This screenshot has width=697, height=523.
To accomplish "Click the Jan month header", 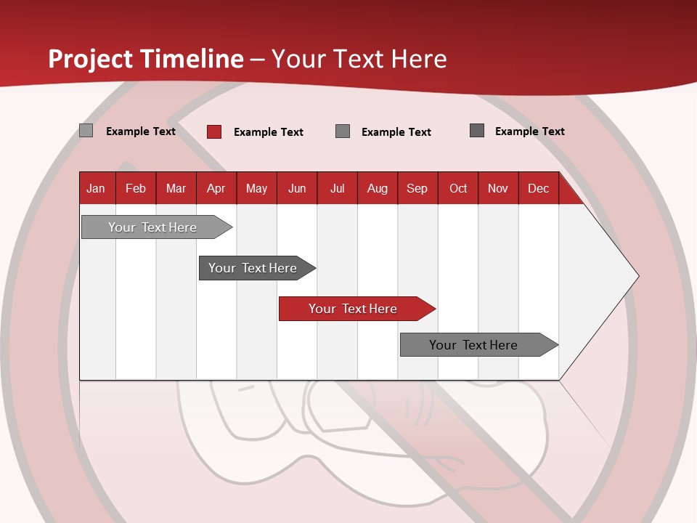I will point(97,188).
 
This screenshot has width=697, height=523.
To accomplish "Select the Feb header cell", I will point(136,188).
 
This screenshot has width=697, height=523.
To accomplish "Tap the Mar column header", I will point(176,188).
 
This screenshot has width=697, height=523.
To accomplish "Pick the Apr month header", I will point(216,188).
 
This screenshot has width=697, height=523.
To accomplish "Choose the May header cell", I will point(256,188).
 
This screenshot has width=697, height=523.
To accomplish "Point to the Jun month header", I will point(297,188).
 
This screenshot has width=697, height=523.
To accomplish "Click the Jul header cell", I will point(337,188).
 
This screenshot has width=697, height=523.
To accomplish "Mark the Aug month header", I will point(378,188).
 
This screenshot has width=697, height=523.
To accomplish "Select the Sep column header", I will point(417,188).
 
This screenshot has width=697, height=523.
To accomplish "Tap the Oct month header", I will point(458,188).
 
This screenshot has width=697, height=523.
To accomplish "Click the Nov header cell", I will point(498,188).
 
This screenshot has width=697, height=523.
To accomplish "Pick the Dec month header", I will point(539,188).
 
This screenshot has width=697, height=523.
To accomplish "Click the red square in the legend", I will point(214,131).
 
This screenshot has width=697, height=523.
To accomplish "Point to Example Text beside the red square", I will point(268,132).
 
